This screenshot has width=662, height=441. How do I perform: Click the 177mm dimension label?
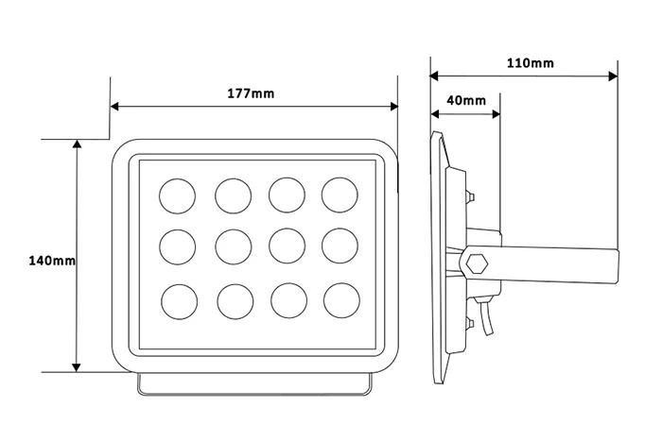pyautogui.click(x=251, y=93)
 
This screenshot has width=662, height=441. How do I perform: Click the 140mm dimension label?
pyautogui.click(x=52, y=261)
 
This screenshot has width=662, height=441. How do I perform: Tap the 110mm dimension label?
pyautogui.click(x=531, y=63)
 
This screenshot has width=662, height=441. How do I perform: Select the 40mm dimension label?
pyautogui.click(x=466, y=100)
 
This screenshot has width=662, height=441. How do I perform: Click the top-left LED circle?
pyautogui.click(x=178, y=196)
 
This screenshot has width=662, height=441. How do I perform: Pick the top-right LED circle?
pyautogui.click(x=340, y=195)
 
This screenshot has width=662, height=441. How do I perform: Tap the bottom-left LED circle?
pyautogui.click(x=180, y=302)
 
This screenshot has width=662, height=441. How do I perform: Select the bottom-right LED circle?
pyautogui.click(x=342, y=300)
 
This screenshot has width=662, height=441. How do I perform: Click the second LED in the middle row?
pyautogui.click(x=233, y=246)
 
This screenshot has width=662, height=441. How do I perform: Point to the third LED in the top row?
pyautogui.click(x=287, y=195)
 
